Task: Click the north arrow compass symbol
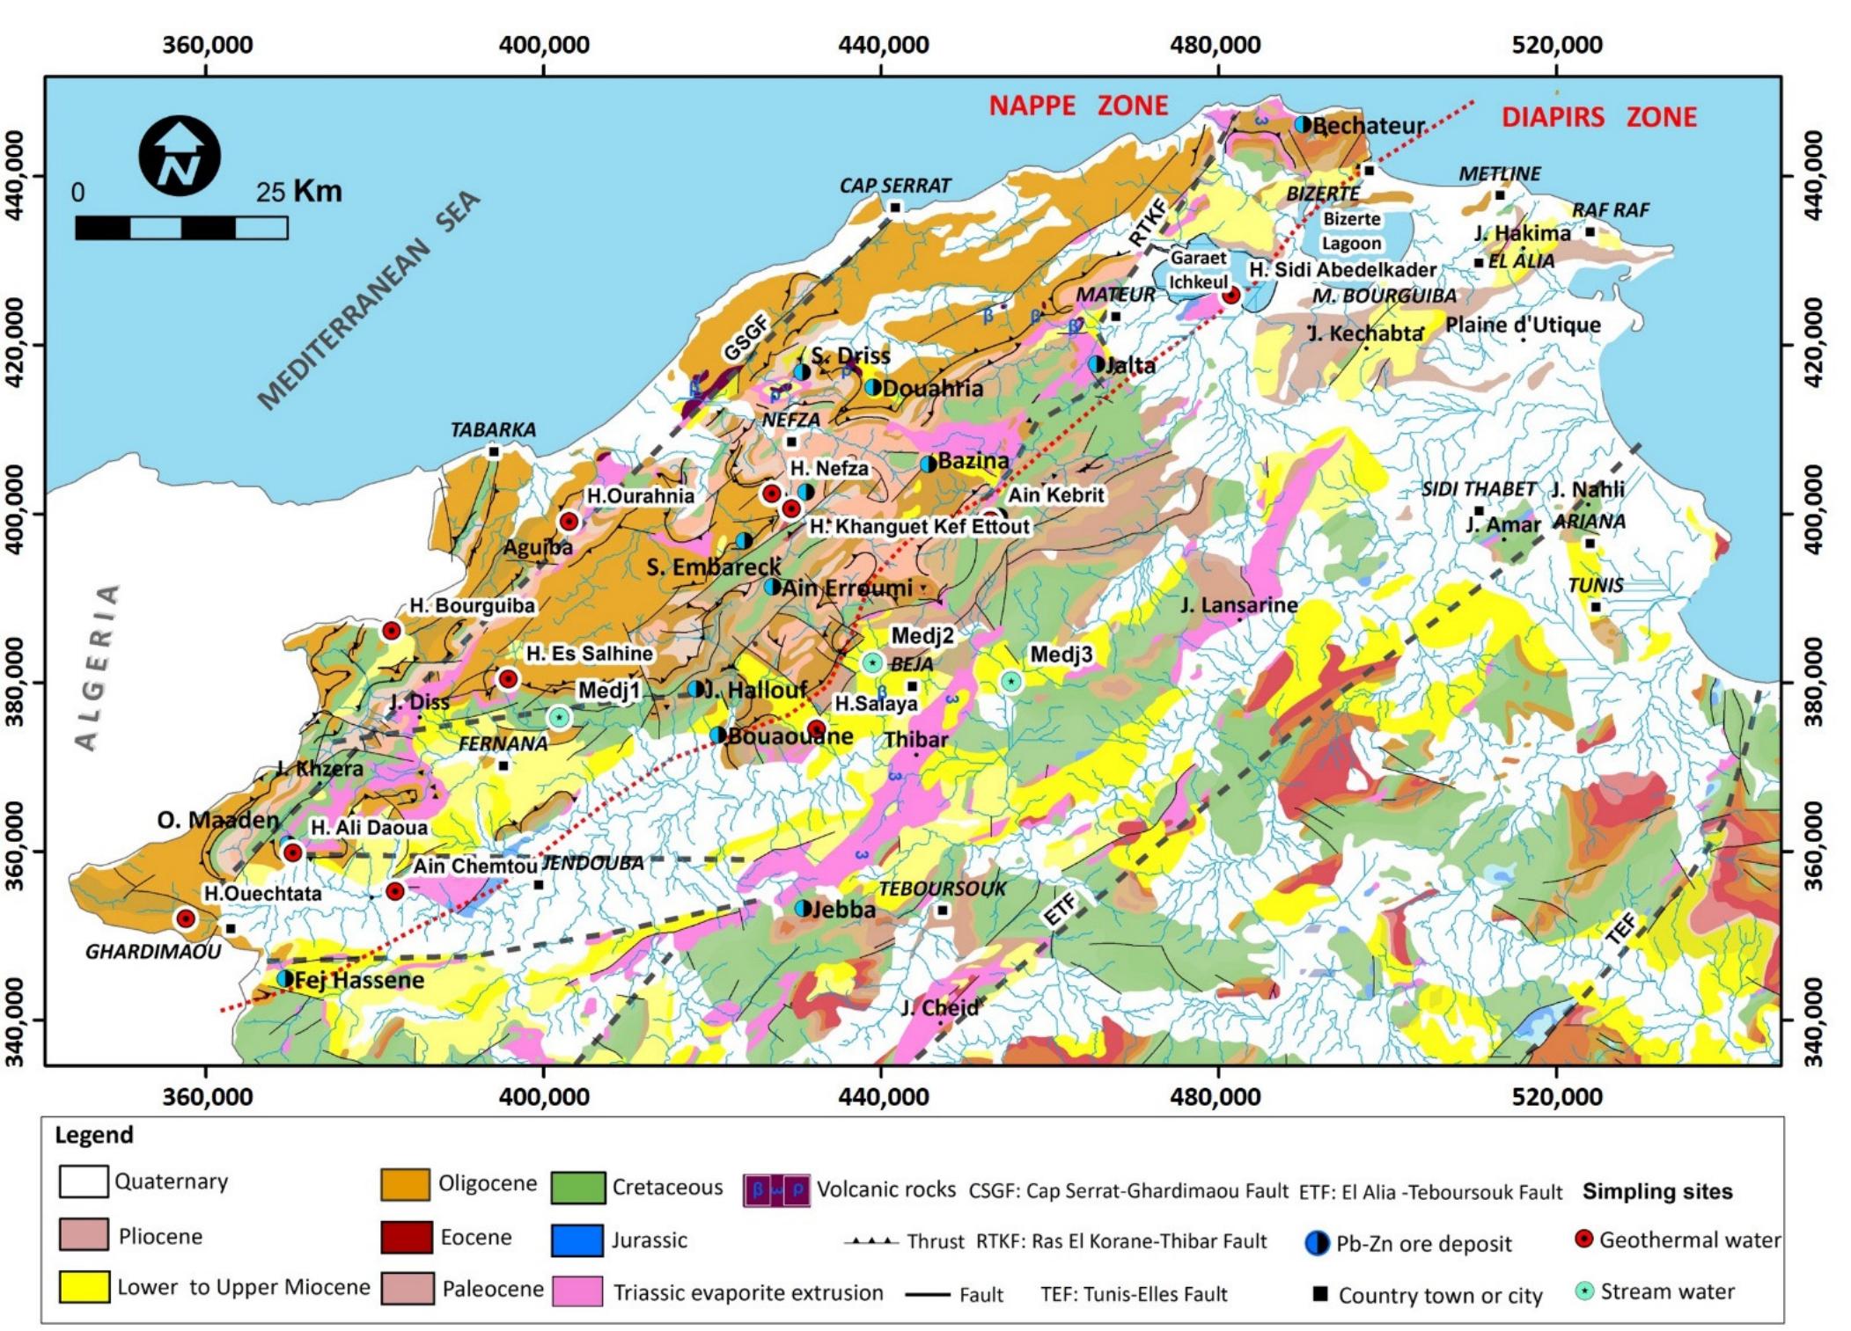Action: tap(180, 156)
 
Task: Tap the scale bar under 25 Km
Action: tap(181, 229)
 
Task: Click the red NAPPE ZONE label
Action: tap(1077, 106)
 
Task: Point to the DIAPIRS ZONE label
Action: tap(1598, 117)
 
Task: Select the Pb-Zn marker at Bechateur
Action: tap(1303, 125)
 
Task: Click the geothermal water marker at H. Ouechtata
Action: tap(186, 918)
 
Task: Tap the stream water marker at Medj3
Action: tap(1011, 681)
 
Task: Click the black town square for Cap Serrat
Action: tap(895, 208)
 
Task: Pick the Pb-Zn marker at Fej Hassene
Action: tap(284, 978)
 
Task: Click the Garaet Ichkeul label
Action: tap(1198, 269)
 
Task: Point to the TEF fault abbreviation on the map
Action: tap(1621, 929)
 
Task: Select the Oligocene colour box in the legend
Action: tap(405, 1185)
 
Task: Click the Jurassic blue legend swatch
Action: tap(577, 1240)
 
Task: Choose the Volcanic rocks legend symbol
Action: tap(776, 1190)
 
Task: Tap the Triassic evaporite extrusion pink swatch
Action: tap(577, 1291)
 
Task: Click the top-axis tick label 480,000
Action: tap(1218, 44)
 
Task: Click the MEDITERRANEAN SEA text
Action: tap(370, 302)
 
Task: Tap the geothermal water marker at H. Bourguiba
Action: tap(392, 631)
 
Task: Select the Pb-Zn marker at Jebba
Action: tap(803, 908)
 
